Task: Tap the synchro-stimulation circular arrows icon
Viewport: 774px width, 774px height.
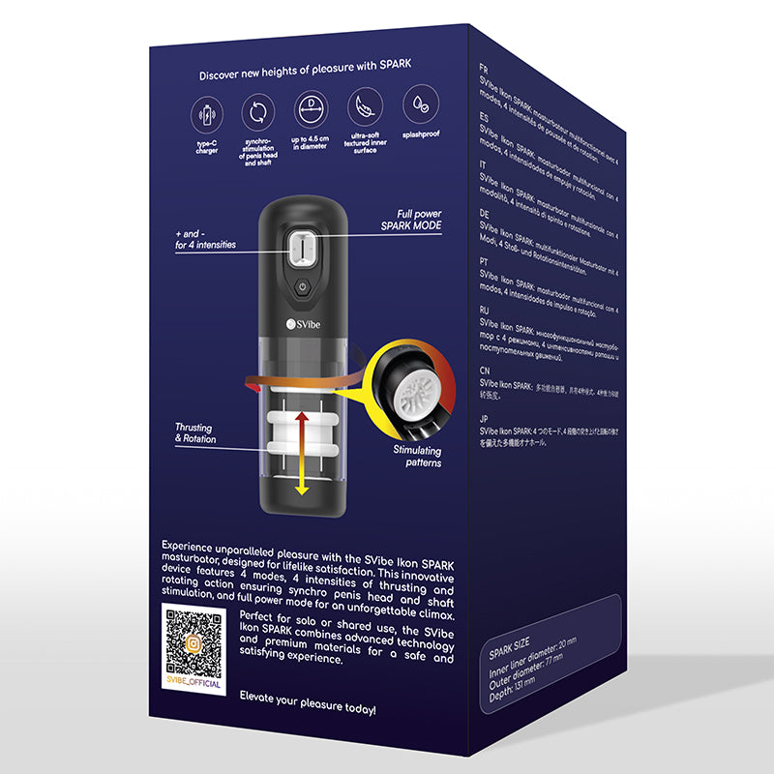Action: click(259, 113)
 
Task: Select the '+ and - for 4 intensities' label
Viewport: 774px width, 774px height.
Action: click(205, 240)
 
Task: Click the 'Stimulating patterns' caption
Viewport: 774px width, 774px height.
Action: click(417, 457)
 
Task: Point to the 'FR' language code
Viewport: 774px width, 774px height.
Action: click(484, 70)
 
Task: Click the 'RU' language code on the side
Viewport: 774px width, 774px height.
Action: click(485, 310)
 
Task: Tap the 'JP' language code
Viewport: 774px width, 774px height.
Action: click(484, 419)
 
